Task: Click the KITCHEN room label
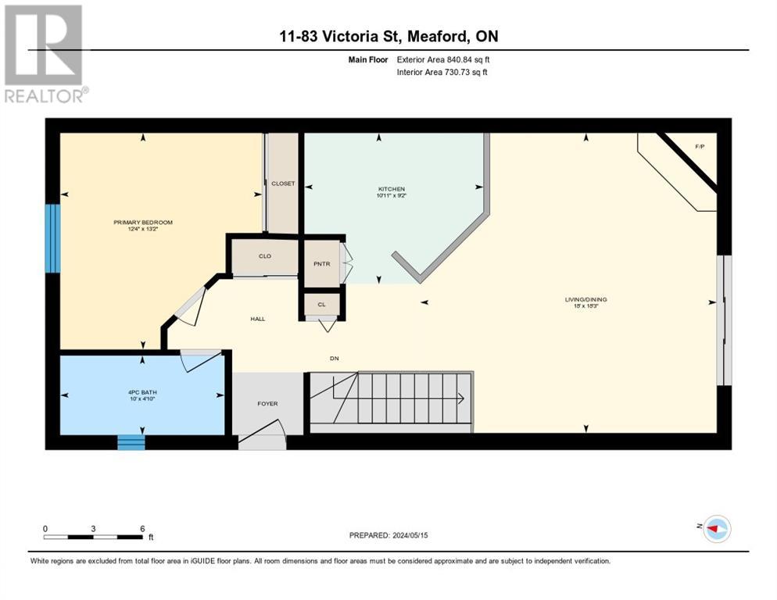click(392, 189)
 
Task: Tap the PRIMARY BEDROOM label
click(143, 223)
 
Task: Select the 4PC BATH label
click(142, 392)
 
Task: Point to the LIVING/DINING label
click(585, 299)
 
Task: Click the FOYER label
click(267, 404)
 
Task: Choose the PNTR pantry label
click(321, 264)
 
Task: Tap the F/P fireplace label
click(700, 147)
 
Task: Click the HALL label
click(258, 319)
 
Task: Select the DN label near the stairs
click(335, 359)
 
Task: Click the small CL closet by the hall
click(321, 304)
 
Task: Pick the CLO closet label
click(265, 256)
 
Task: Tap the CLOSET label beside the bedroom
click(283, 184)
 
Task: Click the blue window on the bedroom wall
click(52, 238)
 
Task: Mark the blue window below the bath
click(131, 442)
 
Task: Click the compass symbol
click(717, 529)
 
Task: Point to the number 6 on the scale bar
click(142, 529)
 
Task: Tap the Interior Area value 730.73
click(458, 73)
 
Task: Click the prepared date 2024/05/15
click(410, 535)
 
